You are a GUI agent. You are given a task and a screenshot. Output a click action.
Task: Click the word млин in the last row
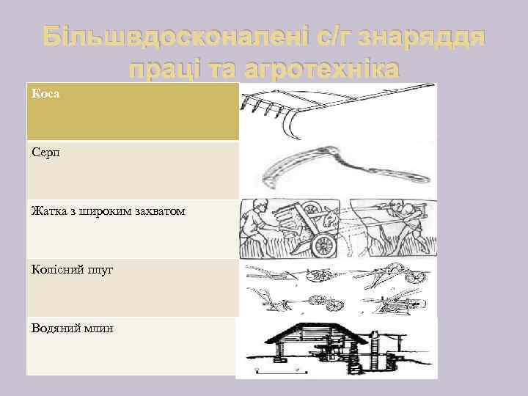[x=103, y=329]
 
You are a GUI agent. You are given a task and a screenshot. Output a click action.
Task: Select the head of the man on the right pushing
[x=397, y=205]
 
